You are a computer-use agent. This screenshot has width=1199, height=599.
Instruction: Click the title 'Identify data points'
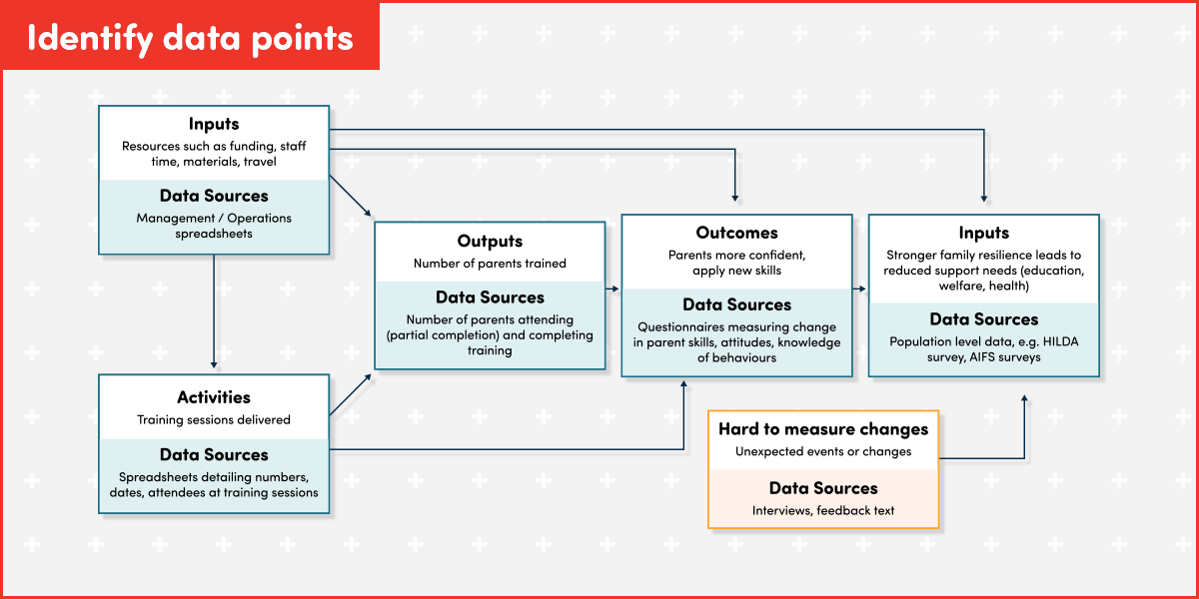click(x=190, y=37)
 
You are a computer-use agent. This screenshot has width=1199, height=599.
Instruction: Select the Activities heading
click(x=214, y=397)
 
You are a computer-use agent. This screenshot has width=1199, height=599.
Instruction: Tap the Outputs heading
click(x=490, y=242)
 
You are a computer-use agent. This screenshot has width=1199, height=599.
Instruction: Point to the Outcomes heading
click(x=736, y=233)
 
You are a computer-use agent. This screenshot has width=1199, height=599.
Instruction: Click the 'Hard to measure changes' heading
click(x=823, y=429)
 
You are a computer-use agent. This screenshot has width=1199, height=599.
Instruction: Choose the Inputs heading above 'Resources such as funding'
click(x=214, y=124)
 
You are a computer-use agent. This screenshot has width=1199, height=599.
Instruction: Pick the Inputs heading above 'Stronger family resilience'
click(x=983, y=233)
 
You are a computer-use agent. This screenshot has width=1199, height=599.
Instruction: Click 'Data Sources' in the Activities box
click(x=214, y=455)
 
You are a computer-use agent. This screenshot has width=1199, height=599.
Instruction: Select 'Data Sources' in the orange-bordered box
click(x=823, y=488)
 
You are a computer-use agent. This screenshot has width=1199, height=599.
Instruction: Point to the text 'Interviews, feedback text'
click(x=823, y=510)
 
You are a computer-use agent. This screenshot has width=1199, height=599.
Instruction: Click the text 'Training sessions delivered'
click(x=214, y=419)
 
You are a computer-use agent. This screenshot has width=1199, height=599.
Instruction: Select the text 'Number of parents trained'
click(x=490, y=264)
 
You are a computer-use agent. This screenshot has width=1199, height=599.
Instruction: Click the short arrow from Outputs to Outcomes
click(x=612, y=290)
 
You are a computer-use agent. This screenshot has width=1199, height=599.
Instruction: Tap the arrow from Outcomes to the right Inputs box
click(x=859, y=290)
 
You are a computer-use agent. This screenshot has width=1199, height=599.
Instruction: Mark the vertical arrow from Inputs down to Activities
click(x=214, y=309)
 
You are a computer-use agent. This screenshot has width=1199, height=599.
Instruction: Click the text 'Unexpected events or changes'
click(x=823, y=451)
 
